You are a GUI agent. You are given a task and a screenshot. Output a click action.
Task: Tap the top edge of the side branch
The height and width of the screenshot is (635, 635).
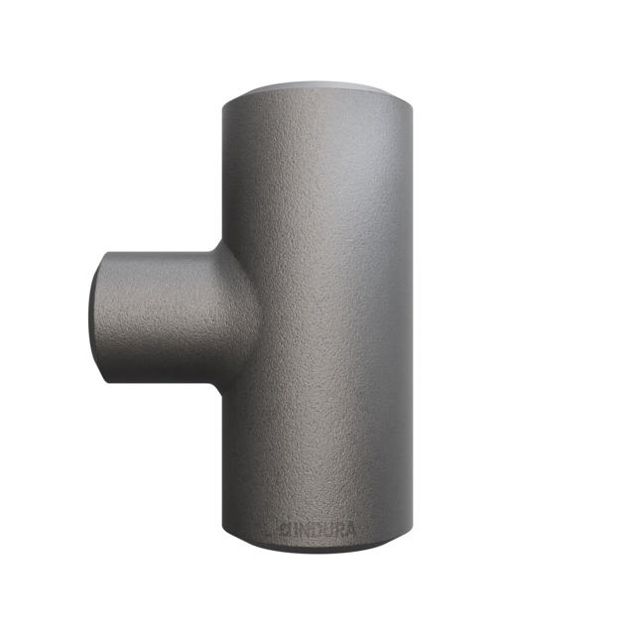click(159, 249)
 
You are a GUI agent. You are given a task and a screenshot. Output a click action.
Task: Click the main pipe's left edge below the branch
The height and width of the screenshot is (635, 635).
click(225, 456)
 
